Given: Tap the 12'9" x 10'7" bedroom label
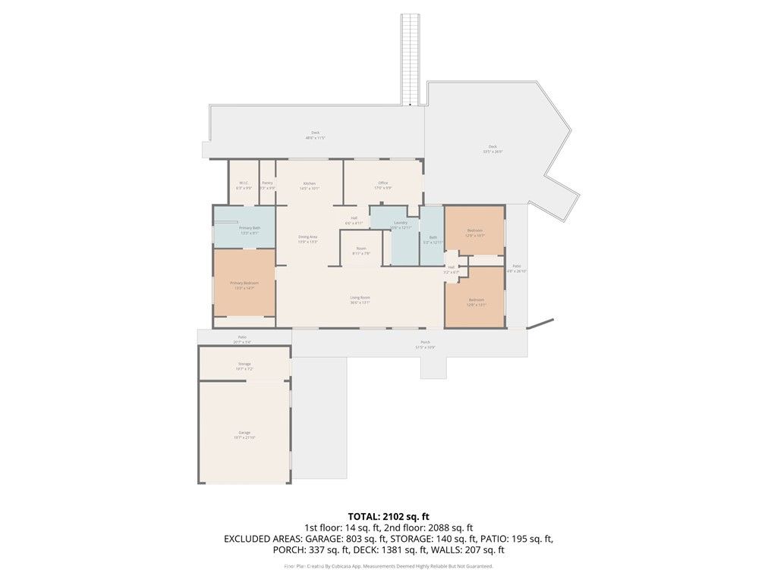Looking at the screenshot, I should (x=475, y=233).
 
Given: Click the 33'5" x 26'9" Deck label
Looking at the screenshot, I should (x=492, y=149).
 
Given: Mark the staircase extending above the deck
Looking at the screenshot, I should (x=411, y=57).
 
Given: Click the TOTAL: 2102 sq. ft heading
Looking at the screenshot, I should (x=388, y=516).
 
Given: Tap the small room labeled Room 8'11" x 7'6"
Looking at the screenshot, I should (x=362, y=251).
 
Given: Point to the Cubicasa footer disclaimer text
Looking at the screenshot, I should (x=388, y=566).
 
